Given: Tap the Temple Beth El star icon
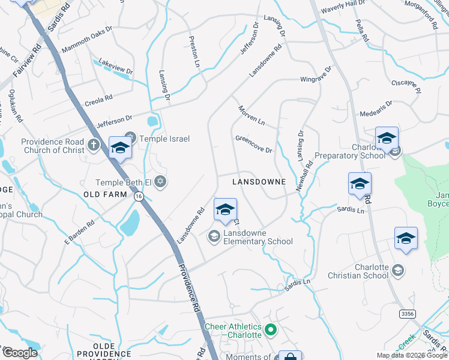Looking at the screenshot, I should [x=160, y=181].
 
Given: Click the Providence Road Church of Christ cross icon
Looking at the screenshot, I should [x=92, y=144].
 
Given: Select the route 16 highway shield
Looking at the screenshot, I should [x=139, y=196].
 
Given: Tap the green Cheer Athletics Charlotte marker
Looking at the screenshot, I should [x=270, y=329].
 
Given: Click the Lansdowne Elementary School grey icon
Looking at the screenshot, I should [x=214, y=236].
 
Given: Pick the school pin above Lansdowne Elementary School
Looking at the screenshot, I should [x=225, y=210].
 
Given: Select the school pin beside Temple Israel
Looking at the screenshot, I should [x=120, y=149].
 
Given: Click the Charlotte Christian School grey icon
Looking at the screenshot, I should [x=397, y=271].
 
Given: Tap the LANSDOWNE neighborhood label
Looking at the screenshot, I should [x=259, y=181].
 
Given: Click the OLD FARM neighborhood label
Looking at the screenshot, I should [x=105, y=194].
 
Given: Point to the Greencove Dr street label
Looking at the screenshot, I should [x=254, y=143].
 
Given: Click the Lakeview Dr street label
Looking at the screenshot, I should [x=115, y=66].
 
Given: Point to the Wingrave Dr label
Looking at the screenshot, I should [x=316, y=77].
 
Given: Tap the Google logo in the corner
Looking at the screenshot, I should [x=20, y=353].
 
